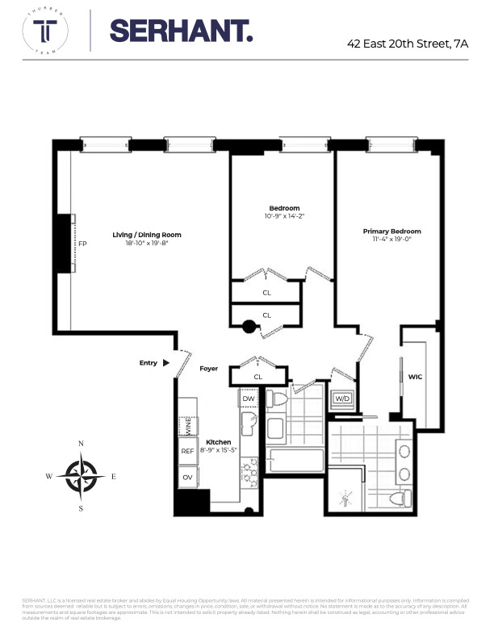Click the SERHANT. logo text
pos(181,31)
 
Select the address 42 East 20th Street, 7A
pos(407,44)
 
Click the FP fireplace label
pos(82,244)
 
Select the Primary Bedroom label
pos(391,231)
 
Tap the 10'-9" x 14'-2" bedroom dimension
pos(283,216)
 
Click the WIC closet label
pos(416,376)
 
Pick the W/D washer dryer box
pos(342,399)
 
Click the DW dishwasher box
pos(248,399)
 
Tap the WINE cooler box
pos(185,424)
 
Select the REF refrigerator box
pos(186,452)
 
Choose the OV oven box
pos(186,477)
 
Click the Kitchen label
pos(218,442)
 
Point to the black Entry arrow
pos(166,363)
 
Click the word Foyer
pos(209,369)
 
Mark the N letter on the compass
pos(81,444)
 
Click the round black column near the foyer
pos(250,327)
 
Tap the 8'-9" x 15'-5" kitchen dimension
pos(218,452)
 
